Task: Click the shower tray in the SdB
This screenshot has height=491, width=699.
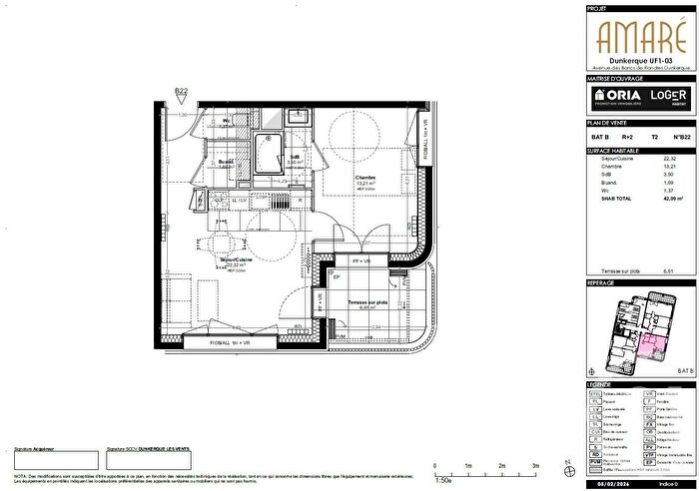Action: pos(266,153)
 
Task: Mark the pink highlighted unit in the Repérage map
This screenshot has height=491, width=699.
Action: pos(652,346)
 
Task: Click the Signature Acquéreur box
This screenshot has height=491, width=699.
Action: pos(55,460)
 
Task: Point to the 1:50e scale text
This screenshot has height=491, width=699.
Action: pos(441,480)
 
